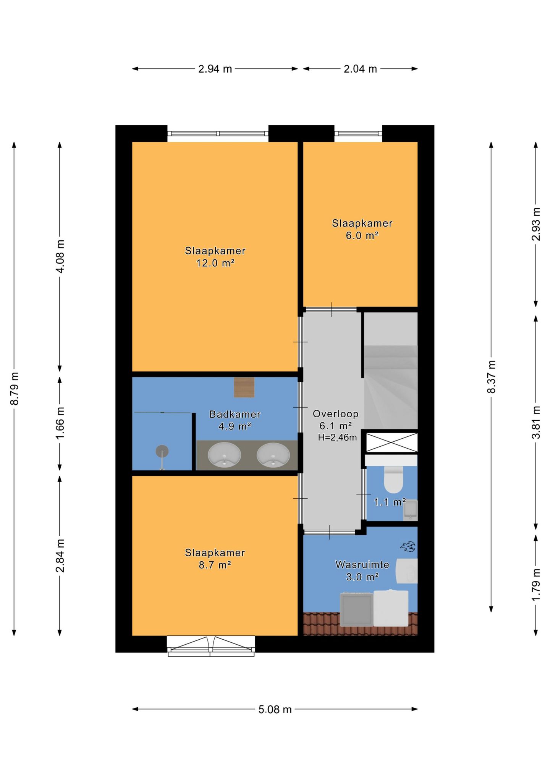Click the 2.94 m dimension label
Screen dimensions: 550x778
coord(215,69)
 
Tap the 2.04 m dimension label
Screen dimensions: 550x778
coord(360,69)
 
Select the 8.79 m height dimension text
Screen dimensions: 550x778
coord(15,388)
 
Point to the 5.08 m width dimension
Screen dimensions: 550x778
coord(275,710)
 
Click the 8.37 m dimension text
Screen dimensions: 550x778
coord(491,376)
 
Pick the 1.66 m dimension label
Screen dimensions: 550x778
coord(60,423)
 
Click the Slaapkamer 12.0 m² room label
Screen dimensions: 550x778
coord(215,257)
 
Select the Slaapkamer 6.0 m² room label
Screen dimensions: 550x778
coord(362,229)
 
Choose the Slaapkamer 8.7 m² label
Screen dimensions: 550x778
coord(215,559)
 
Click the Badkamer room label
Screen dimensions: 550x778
coord(235,414)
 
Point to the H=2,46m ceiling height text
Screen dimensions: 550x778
coord(337,438)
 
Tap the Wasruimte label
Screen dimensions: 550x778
coord(362,564)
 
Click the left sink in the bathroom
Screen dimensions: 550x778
coord(224,455)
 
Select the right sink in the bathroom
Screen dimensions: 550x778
coord(273,455)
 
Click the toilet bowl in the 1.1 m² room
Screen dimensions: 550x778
coord(393,480)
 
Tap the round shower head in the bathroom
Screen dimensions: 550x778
coord(162,451)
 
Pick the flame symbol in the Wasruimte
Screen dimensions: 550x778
coord(408,547)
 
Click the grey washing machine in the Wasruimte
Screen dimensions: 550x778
coord(356,609)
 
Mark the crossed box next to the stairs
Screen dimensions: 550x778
coord(391,442)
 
